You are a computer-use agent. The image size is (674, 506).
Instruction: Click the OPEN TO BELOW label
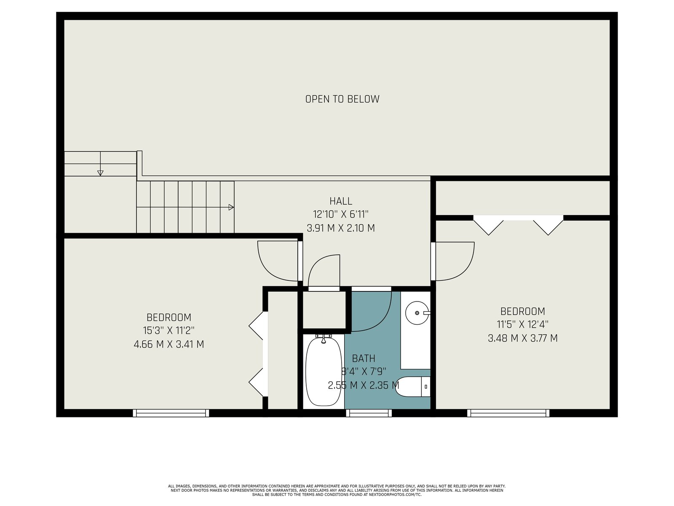click(x=342, y=99)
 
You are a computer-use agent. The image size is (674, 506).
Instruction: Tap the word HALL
click(x=340, y=201)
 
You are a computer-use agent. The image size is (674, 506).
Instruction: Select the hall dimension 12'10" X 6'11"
click(x=340, y=214)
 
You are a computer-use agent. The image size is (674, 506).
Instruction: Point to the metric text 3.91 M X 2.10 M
click(x=340, y=228)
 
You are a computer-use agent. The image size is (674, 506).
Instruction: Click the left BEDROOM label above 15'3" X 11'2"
click(x=168, y=317)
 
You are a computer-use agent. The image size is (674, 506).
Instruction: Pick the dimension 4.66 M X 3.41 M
click(x=168, y=344)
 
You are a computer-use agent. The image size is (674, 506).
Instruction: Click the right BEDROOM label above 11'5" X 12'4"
click(x=523, y=311)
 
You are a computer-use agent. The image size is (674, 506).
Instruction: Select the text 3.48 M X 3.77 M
click(x=523, y=338)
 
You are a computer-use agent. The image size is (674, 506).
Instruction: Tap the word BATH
click(x=364, y=358)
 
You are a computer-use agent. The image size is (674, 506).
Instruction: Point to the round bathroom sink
click(x=417, y=313)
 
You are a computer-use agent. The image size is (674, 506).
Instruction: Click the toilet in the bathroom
click(x=414, y=387)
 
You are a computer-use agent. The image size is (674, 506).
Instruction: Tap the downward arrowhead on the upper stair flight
click(x=100, y=173)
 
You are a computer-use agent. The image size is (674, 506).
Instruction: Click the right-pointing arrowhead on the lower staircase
click(x=231, y=207)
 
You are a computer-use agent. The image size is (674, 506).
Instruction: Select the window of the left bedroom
click(x=171, y=413)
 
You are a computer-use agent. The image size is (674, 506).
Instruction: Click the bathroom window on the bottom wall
click(x=369, y=413)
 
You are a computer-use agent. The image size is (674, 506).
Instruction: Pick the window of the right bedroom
click(x=508, y=413)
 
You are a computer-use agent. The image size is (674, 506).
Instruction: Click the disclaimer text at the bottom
click(x=337, y=490)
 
